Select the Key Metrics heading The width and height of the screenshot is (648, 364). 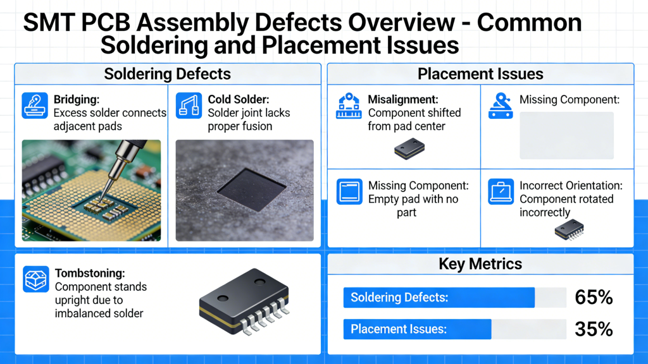coord(480,264)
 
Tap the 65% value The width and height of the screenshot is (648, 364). coord(594,298)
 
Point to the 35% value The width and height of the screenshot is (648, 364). coord(594,329)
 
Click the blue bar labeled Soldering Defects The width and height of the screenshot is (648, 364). coord(439,298)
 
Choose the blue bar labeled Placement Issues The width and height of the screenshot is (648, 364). coord(417,329)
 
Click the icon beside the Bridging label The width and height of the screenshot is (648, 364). coord(35,106)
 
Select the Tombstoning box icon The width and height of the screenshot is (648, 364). coord(35,279)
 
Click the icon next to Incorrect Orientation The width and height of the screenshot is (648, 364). coord(501,192)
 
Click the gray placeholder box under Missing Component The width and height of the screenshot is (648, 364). coord(566,135)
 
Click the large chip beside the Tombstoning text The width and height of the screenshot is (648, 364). coord(243,302)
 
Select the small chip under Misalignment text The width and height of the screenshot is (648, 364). coord(409,149)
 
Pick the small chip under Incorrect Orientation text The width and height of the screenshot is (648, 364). coord(569,230)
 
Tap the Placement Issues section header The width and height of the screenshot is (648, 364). coord(480,74)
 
